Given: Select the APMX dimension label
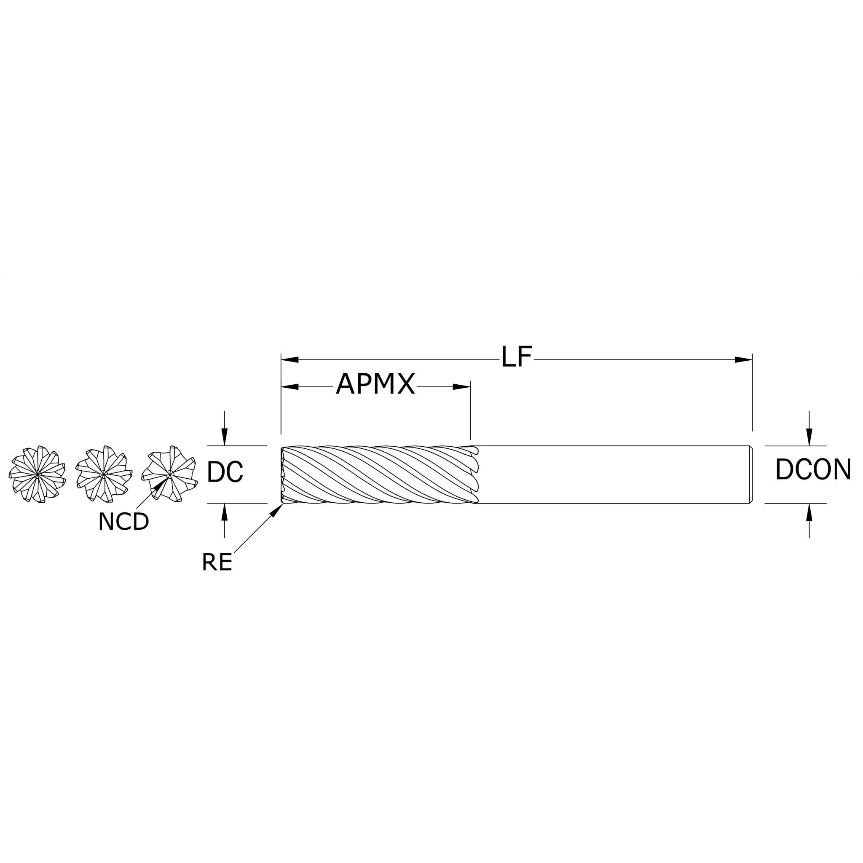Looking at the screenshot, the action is (x=375, y=384).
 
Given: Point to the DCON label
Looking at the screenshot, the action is (x=813, y=470).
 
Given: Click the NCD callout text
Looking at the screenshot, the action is (x=123, y=522).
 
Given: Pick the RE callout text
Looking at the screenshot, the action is (x=217, y=563).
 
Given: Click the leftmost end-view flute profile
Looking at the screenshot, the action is (x=38, y=474).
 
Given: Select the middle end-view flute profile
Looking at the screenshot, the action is (x=104, y=474).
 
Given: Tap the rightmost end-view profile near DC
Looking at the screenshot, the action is (x=169, y=474).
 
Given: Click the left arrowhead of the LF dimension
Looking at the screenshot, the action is (x=289, y=359).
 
